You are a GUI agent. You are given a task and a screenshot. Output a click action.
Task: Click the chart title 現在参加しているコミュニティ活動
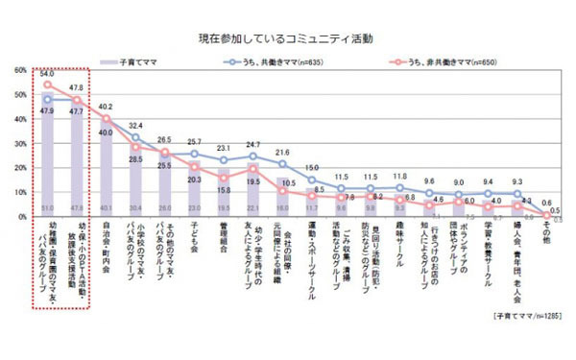click(288, 39)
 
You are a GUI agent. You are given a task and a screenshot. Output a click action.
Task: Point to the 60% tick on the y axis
click(20, 71)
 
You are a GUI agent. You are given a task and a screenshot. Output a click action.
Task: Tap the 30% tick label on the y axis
click(20, 144)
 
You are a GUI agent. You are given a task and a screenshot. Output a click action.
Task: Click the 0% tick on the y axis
click(22, 217)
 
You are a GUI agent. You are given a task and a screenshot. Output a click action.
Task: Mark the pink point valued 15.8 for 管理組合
click(223, 179)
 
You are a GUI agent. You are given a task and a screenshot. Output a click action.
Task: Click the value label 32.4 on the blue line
click(135, 126)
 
